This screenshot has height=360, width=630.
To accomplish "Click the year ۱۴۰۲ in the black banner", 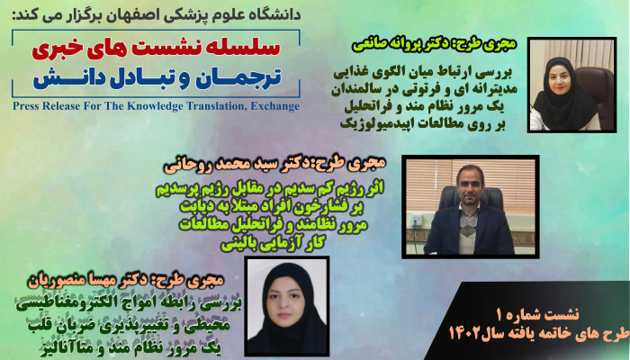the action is [x=464, y=334].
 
